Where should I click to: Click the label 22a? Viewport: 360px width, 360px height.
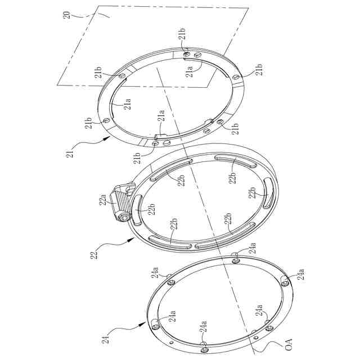(x=103, y=200)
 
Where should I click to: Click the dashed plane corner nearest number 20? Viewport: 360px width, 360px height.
(x=98, y=7)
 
